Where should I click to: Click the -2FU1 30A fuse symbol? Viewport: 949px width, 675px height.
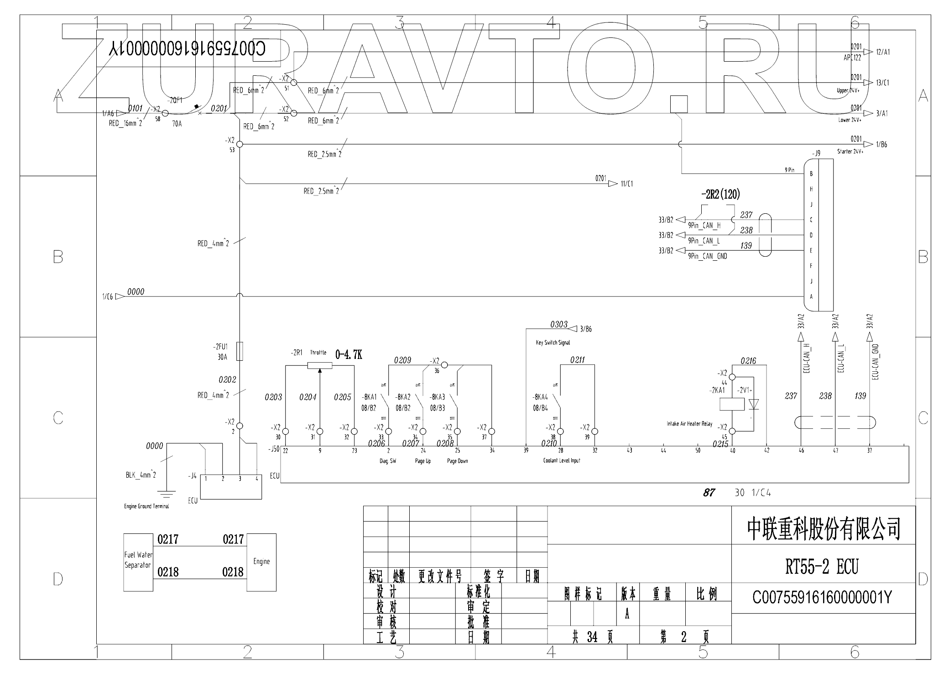tap(240, 351)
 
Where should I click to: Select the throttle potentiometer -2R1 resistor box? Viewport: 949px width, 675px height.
tap(319, 365)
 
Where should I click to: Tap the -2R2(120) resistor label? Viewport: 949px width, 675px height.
tap(720, 194)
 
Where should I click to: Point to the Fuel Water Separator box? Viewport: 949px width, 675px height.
tap(138, 562)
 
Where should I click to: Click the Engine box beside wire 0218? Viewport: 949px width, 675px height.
tap(261, 562)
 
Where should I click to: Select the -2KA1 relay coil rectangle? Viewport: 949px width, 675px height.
tap(732, 404)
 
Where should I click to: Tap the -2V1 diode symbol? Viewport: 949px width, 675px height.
tap(753, 404)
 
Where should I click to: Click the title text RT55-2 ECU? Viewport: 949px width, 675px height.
tap(822, 567)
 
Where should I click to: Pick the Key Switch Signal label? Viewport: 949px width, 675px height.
tap(553, 343)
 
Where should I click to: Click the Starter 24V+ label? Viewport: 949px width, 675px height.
tap(850, 151)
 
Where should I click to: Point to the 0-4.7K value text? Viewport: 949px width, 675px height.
tap(349, 355)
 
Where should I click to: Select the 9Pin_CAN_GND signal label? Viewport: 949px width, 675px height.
tap(707, 256)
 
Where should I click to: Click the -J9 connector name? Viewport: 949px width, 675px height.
tap(816, 153)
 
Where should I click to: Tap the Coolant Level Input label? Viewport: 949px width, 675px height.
tap(562, 460)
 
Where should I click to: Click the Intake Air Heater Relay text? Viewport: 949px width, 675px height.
tap(689, 424)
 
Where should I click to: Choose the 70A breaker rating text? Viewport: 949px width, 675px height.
tap(177, 123)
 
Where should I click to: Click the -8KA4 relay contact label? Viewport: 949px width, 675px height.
tap(540, 397)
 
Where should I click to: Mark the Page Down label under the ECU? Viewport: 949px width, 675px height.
tap(457, 461)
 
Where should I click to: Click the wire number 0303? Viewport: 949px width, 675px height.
tap(558, 324)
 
